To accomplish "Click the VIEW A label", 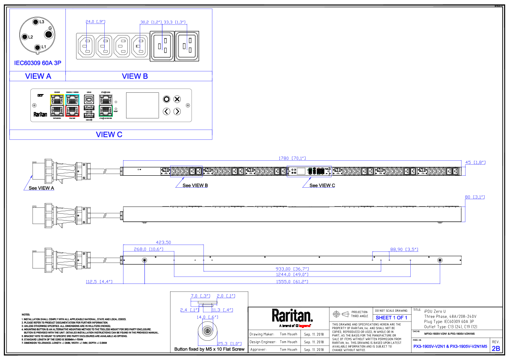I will coord(38,77).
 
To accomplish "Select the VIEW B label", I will coord(135,77).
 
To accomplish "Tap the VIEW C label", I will coord(109,135).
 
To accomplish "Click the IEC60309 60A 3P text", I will coord(38,63).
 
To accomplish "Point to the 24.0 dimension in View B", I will coord(95,22).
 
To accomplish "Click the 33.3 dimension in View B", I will coord(174,22).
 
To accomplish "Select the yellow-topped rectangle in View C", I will coord(57,105).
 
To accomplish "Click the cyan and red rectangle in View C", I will coord(72,105).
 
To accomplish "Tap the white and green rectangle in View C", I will coord(106,105).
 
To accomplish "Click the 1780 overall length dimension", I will coord(292,158).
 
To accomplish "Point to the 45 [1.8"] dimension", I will coord(475,162).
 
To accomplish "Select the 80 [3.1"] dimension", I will coord(474,197).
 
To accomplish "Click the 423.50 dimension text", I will coord(163,242).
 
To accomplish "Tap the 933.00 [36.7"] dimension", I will coord(292,269).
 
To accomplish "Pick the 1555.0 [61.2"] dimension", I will coord(292,282).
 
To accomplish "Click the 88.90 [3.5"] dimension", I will coord(404,249).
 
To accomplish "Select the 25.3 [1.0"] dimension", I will coord(229,344).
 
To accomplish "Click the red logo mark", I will coord(304,326).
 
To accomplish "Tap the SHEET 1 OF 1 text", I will coord(391,318).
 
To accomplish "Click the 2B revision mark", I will coord(496,348).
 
